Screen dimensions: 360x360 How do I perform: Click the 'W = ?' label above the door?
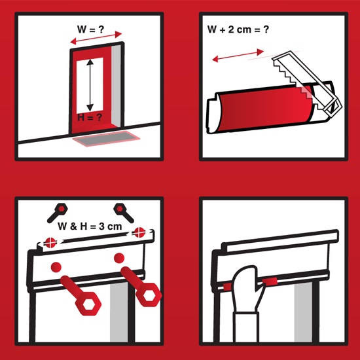90,29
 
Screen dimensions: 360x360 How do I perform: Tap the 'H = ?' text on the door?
89,117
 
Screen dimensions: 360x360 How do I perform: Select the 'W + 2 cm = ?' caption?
238,29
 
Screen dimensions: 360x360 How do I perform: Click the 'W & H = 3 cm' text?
90,226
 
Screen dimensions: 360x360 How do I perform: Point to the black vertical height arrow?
90,85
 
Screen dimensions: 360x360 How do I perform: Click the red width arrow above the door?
96,38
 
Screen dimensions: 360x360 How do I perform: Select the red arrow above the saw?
238,56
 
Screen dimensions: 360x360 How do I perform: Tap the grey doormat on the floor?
106,138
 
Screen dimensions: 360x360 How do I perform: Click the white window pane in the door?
90,85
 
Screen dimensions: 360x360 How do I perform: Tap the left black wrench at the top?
57,213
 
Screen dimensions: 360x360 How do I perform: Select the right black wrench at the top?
124,213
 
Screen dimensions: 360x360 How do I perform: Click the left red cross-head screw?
50,242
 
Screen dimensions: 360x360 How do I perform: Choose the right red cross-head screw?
139,232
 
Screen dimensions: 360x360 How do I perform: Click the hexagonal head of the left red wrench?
88,304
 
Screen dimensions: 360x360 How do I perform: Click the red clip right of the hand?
270,281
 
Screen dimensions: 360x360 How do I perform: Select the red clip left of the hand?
228,287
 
